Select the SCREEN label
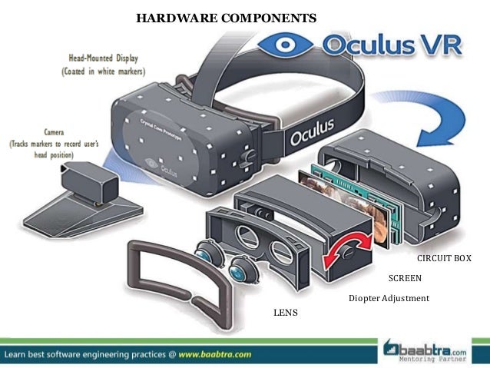click(x=405, y=278)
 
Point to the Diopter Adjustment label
click(x=389, y=298)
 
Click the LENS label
click(x=285, y=313)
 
